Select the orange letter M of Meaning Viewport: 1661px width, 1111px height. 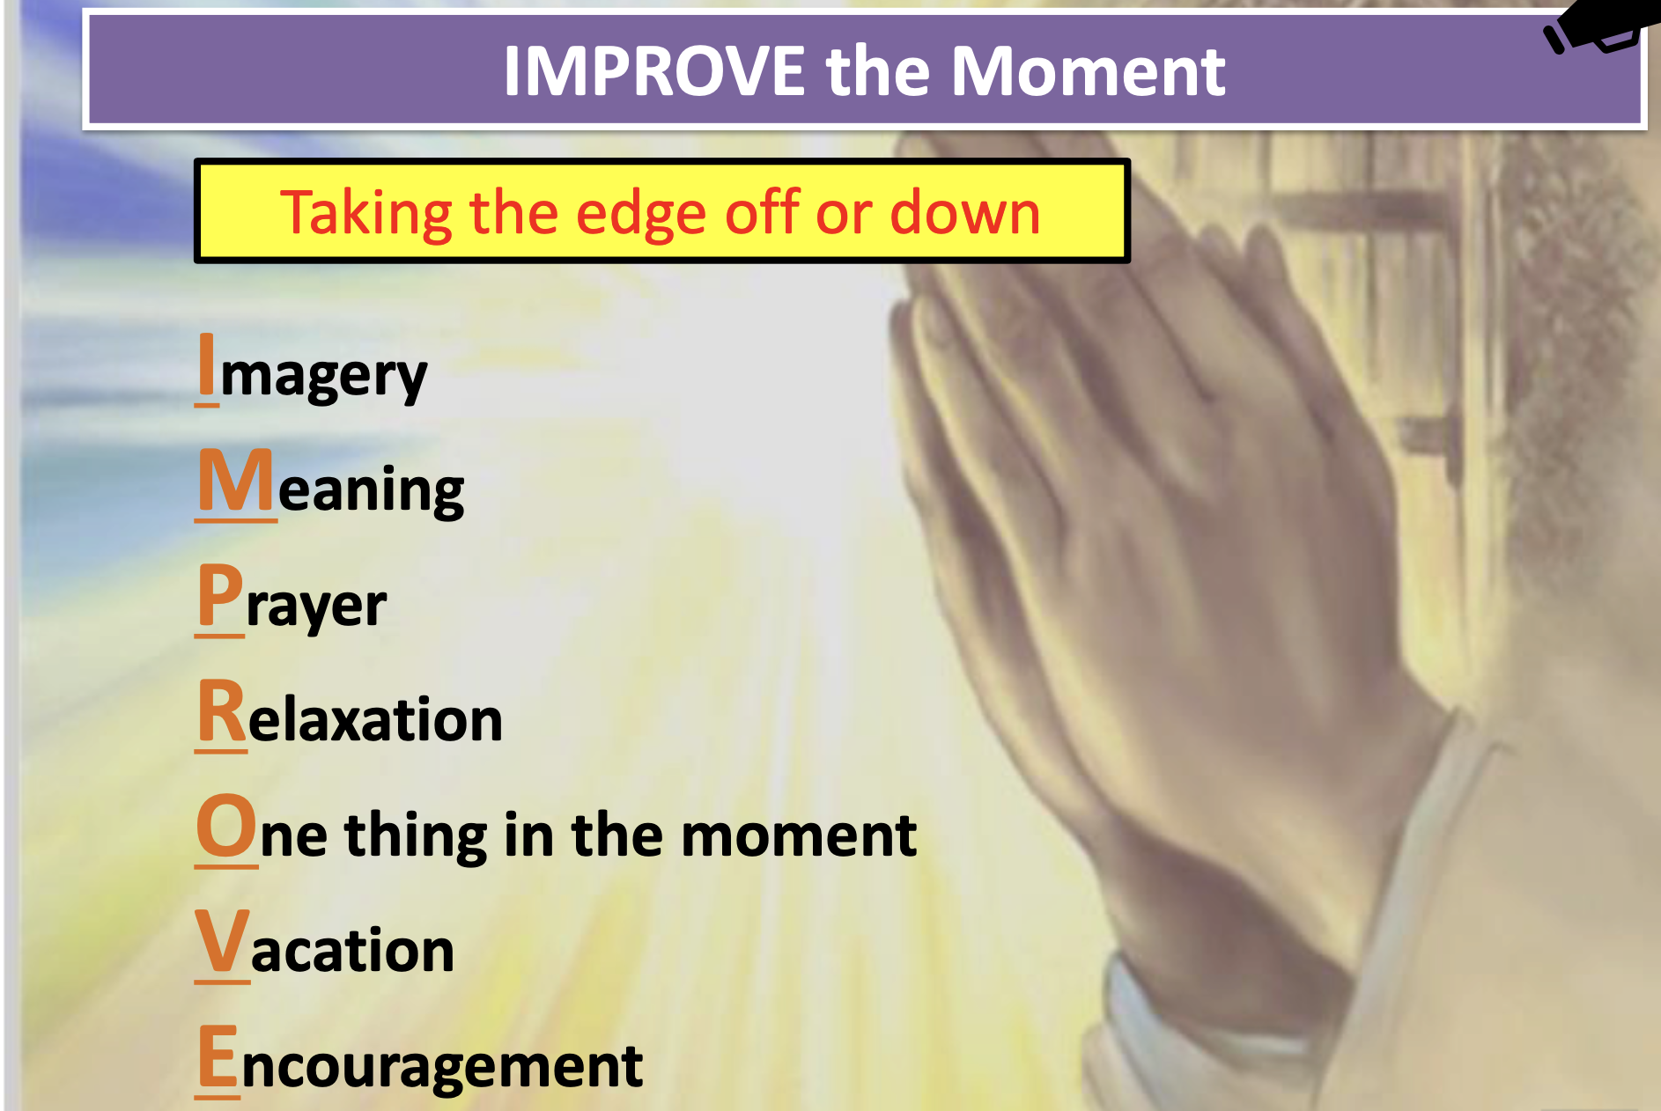pyautogui.click(x=236, y=480)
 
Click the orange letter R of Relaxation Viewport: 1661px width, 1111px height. pyautogui.click(x=222, y=710)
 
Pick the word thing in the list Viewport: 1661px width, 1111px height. pyautogui.click(x=416, y=834)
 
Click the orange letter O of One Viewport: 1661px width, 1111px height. pyautogui.click(x=226, y=825)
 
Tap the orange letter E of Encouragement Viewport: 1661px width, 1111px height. pyautogui.click(x=218, y=1056)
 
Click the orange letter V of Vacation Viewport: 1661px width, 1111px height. pyautogui.click(x=223, y=940)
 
